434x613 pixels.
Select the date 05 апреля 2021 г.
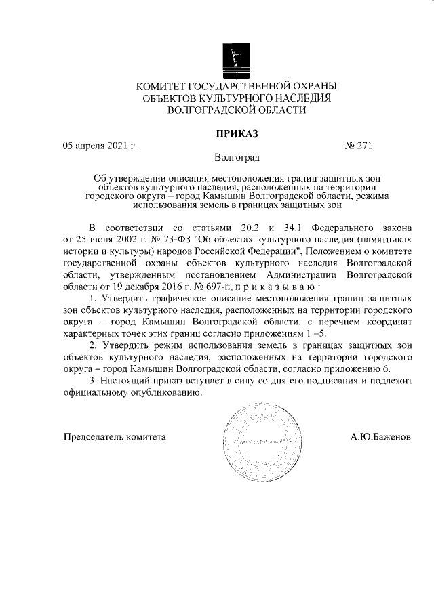[x=100, y=145]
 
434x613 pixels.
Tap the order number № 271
[x=359, y=145]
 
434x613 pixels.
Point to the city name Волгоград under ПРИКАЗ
[x=237, y=158]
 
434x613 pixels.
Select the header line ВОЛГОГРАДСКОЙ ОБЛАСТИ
[x=237, y=110]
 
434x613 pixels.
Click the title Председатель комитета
[x=115, y=438]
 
